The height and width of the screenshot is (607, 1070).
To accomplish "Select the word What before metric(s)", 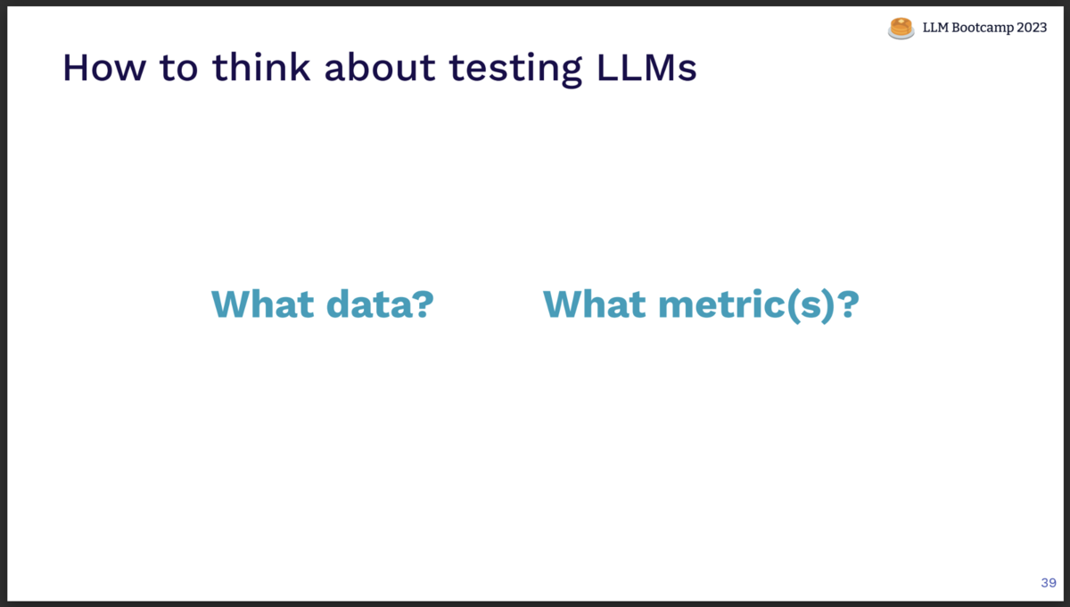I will pos(594,304).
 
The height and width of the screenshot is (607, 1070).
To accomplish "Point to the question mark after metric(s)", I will pos(848,304).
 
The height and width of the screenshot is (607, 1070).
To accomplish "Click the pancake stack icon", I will pos(901,29).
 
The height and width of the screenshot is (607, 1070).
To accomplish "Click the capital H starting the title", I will pos(75,69).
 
